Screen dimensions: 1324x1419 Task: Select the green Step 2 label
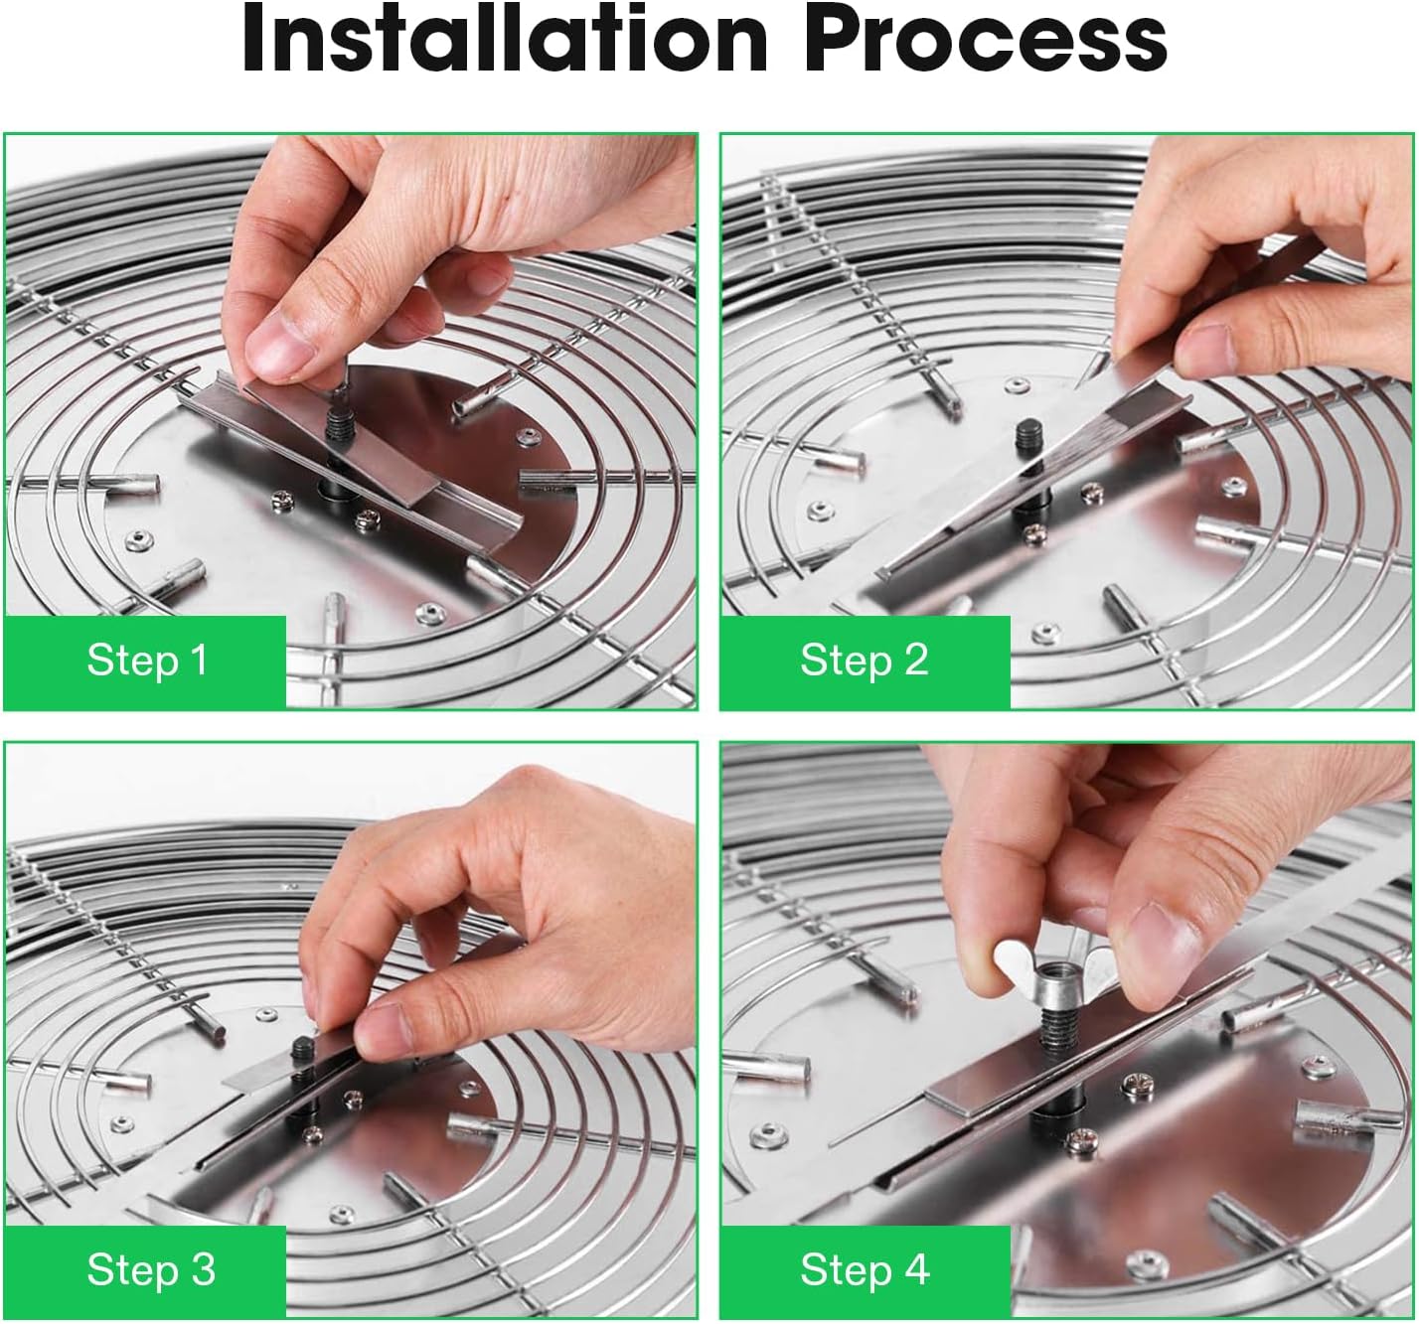click(x=864, y=661)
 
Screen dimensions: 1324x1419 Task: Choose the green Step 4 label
click(x=864, y=1270)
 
